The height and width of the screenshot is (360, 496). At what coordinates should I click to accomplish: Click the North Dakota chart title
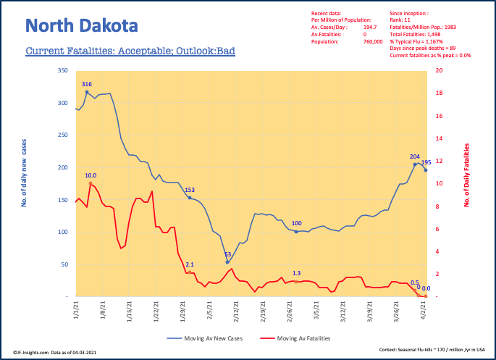tap(80, 27)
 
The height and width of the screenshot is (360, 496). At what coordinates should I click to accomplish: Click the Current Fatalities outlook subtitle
tap(130, 52)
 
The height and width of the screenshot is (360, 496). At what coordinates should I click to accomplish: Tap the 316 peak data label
tap(87, 84)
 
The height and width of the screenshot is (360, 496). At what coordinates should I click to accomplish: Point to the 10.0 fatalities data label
tap(91, 175)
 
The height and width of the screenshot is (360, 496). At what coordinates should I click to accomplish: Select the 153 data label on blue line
tap(190, 190)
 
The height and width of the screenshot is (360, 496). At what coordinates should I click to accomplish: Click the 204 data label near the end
tap(415, 156)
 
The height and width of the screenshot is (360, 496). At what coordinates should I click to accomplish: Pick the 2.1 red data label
tap(190, 264)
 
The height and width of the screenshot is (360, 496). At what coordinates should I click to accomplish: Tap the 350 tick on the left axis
tap(62, 70)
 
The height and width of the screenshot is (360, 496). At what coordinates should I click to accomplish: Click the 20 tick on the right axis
tap(438, 70)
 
